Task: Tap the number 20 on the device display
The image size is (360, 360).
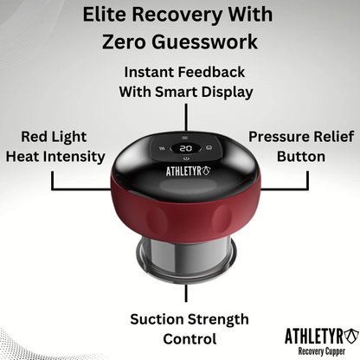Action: pos(185,148)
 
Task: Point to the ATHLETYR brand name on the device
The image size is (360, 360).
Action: pos(183,170)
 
